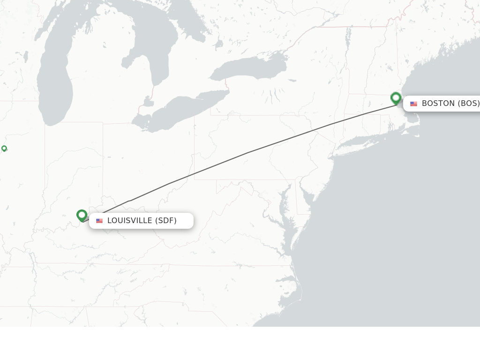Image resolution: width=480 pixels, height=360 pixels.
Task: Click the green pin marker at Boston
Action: pos(396,98)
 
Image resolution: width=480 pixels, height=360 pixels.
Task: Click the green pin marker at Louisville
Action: pos(82,215)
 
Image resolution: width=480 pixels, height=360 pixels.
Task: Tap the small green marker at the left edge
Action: pos(4,149)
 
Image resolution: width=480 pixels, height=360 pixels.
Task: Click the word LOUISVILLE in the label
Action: pos(130,221)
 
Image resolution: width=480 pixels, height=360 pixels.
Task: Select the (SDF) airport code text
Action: pos(166,221)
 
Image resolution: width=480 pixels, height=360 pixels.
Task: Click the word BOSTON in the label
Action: pos(438,104)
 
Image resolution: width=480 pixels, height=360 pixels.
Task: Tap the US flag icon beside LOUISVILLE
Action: pos(99,221)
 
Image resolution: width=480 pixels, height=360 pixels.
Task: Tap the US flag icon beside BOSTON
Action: pos(413,104)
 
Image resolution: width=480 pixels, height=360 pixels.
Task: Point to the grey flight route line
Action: pos(248,152)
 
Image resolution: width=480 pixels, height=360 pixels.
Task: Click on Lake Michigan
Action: pos(55,84)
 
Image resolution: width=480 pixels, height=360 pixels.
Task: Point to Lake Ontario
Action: pos(248,68)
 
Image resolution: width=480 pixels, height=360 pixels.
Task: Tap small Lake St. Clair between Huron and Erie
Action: pos(148,101)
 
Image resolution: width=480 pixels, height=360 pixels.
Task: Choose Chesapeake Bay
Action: pos(284,211)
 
